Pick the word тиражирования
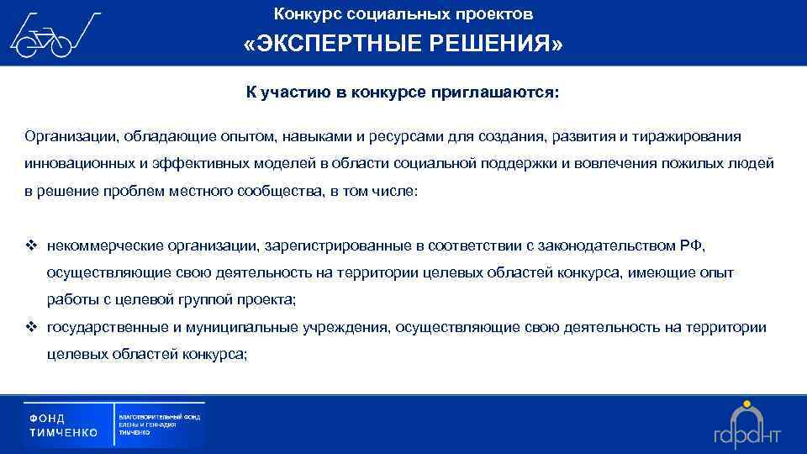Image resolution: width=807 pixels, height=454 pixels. (x=690, y=136)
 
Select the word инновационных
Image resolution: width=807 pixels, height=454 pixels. (x=76, y=163)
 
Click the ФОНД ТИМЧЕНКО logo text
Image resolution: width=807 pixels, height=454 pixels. (x=64, y=425)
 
